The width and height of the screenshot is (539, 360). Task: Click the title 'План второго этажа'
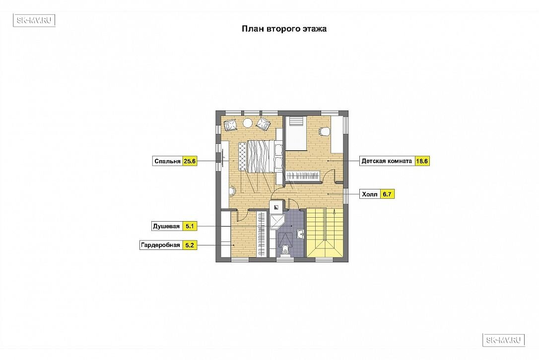[284, 29]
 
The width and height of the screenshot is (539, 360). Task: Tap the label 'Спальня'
[167, 161]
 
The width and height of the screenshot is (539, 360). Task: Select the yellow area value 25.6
[190, 161]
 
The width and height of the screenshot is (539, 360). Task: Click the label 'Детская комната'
[387, 161]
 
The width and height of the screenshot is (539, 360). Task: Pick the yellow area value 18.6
[422, 161]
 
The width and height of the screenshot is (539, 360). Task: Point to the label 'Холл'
[370, 194]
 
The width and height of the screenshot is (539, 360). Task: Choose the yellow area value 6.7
[387, 194]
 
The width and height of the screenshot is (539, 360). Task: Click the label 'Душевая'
[166, 227]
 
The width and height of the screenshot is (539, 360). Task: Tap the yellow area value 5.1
[190, 227]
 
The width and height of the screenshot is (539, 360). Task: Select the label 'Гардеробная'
[160, 245]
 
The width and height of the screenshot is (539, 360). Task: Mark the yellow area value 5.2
[190, 245]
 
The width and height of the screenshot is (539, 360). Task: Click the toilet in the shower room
[285, 250]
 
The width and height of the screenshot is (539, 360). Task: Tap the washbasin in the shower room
[300, 235]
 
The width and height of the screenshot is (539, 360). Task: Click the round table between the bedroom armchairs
[248, 122]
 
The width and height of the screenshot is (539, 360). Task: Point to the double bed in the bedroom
[260, 157]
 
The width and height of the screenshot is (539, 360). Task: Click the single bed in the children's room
[296, 133]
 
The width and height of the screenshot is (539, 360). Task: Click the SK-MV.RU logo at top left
[34, 20]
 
